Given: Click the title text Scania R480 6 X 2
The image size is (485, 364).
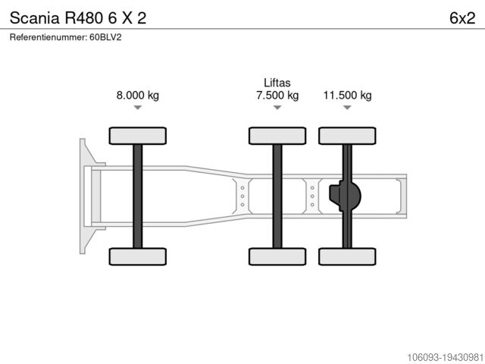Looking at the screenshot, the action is [x=78, y=18].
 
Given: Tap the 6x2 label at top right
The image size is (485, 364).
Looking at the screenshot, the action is [x=462, y=18].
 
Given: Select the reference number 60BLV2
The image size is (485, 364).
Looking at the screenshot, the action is [x=105, y=37].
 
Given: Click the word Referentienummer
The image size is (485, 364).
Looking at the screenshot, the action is [x=48, y=37].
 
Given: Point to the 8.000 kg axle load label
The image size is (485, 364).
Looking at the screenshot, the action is [x=138, y=95].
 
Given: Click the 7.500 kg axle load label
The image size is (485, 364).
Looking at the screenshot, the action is [x=277, y=95].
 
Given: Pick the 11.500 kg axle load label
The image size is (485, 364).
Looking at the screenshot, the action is [x=347, y=95].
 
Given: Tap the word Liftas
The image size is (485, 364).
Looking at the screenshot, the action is [x=277, y=83].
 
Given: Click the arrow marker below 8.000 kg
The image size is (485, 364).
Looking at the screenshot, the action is [x=138, y=108].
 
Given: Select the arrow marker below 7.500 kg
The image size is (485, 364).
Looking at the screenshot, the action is [x=277, y=108].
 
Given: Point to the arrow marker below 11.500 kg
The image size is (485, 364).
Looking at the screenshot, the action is [x=347, y=108].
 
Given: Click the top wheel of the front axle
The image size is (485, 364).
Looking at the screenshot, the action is [x=138, y=136].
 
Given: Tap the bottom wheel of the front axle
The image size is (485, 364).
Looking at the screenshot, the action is [x=138, y=256].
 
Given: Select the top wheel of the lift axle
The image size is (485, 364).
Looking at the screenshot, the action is [x=277, y=136].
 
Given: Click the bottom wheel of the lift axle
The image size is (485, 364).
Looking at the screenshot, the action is [x=277, y=256].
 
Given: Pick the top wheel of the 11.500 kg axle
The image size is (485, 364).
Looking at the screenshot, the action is [x=347, y=136].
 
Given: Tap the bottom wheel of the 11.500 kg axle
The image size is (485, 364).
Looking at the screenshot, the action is [x=347, y=256].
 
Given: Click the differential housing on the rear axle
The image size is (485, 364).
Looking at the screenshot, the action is [x=345, y=196].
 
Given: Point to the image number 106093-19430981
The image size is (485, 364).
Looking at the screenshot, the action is [x=445, y=357].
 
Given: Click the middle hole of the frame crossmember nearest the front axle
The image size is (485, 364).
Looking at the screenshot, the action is [x=242, y=196].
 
